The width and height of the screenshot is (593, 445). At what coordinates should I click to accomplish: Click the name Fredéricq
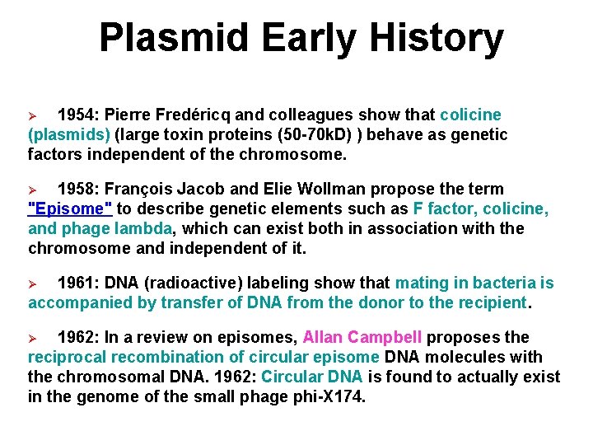coord(198,115)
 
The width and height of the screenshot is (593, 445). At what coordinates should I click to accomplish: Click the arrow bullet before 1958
coord(35,190)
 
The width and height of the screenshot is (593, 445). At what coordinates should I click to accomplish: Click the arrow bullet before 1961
coord(35,283)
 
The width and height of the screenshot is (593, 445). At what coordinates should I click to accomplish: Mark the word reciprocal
coord(68,357)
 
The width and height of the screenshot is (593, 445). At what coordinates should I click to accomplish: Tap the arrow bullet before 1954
coord(35,115)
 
